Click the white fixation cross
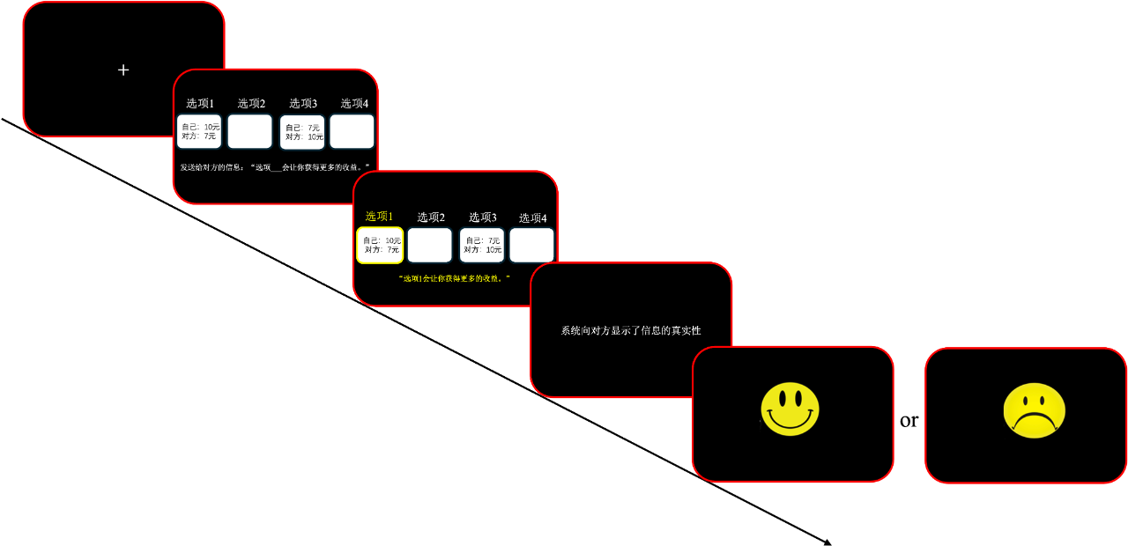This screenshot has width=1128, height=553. pos(123,70)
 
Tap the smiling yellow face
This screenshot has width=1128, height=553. pos(790,409)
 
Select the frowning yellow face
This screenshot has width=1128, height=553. pos(1034,410)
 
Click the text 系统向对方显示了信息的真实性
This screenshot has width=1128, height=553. pos(631,330)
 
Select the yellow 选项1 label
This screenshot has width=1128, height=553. pos(379,217)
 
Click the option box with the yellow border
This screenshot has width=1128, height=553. pos(380,245)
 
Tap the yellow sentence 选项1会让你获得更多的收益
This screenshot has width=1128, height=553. pos(455,278)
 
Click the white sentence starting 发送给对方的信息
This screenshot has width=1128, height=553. pos(275,167)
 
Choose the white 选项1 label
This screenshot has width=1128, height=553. pos(200,103)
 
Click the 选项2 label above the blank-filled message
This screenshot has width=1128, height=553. pos(251,103)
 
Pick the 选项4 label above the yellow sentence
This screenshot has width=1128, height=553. pos(532,218)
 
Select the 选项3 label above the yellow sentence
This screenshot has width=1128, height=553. pos(482,218)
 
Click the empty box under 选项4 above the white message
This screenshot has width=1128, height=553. pos(352,131)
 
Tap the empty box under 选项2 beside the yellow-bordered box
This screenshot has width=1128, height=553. pos(429,245)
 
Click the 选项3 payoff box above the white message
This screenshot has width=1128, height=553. pos(302,132)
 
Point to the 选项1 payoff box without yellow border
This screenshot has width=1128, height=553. pos(199,131)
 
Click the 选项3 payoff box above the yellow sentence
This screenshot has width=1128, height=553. pos(482,245)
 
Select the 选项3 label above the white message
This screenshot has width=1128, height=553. pos(303,103)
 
